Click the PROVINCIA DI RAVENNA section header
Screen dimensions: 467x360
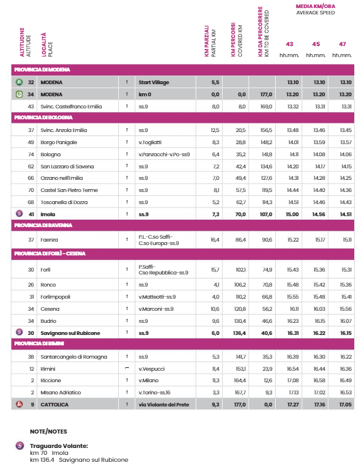click(42, 225)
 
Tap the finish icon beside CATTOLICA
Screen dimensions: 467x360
click(19, 405)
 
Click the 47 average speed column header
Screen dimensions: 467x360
click(343, 44)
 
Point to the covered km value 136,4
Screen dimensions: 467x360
click(240, 332)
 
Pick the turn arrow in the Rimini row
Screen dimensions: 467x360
click(126, 368)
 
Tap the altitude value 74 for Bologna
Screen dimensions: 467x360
click(31, 154)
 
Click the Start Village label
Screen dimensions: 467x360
click(154, 82)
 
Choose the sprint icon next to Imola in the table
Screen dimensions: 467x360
click(19, 214)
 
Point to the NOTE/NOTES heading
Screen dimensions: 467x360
click(48, 431)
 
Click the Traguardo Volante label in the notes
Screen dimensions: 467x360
click(59, 446)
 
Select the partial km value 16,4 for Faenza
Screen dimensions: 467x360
click(215, 239)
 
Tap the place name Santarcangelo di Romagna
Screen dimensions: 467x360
click(73, 356)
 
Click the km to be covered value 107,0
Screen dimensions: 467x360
click(265, 214)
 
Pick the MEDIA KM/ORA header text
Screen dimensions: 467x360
click(316, 6)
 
